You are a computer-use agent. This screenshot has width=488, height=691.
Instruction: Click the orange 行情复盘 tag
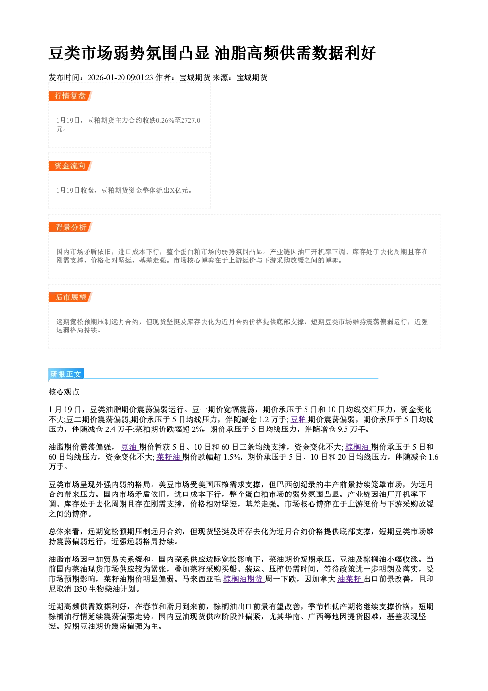70,96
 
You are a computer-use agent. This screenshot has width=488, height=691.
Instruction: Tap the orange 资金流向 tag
70,165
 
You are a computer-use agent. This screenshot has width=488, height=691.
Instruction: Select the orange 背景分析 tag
70,228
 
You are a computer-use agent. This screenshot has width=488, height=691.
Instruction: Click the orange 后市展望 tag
70,297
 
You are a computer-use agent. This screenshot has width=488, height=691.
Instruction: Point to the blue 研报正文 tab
66,374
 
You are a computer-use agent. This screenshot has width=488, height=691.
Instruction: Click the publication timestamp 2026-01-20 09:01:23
121,78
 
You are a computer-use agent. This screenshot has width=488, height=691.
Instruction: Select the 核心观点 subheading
64,392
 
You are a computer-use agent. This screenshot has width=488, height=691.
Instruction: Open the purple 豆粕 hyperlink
299,419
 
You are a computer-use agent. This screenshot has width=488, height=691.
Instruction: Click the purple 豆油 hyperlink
129,447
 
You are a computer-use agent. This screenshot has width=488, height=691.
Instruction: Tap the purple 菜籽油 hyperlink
169,457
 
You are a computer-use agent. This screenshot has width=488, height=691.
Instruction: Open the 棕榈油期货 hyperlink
244,579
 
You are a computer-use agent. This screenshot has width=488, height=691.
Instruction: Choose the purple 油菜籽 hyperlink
350,579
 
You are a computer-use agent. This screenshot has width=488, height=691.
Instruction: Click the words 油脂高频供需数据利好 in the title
295,53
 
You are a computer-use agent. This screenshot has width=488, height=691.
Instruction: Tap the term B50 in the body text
80,589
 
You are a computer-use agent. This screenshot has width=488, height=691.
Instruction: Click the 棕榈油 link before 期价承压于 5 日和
357,447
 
